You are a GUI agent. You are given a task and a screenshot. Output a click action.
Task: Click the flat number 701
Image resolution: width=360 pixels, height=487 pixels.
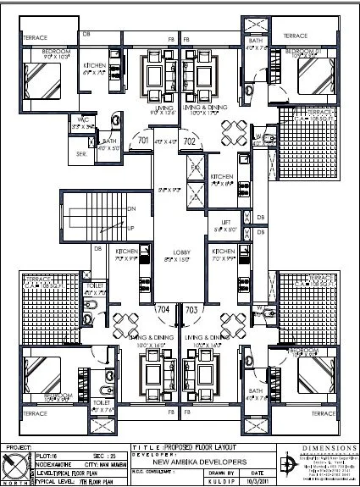click(143, 141)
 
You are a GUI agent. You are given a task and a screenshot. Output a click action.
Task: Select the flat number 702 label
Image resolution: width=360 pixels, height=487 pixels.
click(190, 141)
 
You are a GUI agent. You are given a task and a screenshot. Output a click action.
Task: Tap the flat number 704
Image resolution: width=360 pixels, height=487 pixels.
click(163, 309)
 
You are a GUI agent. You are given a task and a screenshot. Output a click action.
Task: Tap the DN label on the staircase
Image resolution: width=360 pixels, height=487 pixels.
click(131, 208)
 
